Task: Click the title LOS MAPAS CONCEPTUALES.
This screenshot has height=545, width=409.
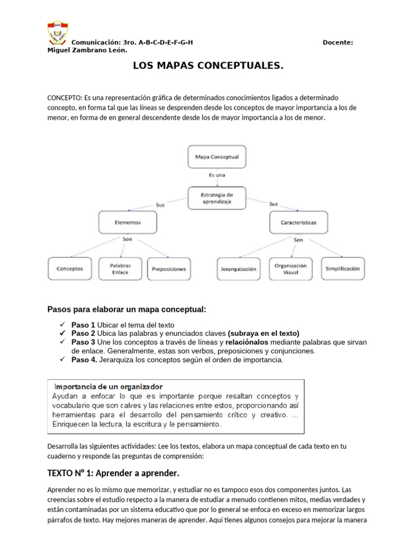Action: pyautogui.click(x=208, y=67)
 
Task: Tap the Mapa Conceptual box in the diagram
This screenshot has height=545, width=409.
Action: pyautogui.click(x=216, y=157)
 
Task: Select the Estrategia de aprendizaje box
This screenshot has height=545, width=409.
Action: pyautogui.click(x=216, y=198)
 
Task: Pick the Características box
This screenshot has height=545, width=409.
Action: pyautogui.click(x=298, y=222)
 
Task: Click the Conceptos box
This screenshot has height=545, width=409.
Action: pyautogui.click(x=70, y=269)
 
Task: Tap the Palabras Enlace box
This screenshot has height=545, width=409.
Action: pyautogui.click(x=120, y=269)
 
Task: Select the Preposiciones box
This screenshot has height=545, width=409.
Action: pyautogui.click(x=168, y=269)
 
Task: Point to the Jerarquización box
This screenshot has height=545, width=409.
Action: pyautogui.click(x=238, y=269)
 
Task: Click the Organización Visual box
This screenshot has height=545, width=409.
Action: pyautogui.click(x=291, y=269)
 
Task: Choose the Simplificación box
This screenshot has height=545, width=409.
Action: pyautogui.click(x=342, y=269)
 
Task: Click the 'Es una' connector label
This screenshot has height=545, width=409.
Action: pyautogui.click(x=216, y=175)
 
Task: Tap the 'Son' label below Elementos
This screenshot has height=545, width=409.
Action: pyautogui.click(x=127, y=240)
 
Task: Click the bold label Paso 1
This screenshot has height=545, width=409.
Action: pyautogui.click(x=84, y=325)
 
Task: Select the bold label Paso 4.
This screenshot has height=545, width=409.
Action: pyautogui.click(x=84, y=360)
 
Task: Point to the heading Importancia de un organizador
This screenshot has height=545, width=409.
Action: pyautogui.click(x=109, y=387)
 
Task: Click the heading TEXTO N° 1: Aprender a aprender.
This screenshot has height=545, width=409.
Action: pyautogui.click(x=113, y=473)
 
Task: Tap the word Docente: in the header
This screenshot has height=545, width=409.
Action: pyautogui.click(x=338, y=43)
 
